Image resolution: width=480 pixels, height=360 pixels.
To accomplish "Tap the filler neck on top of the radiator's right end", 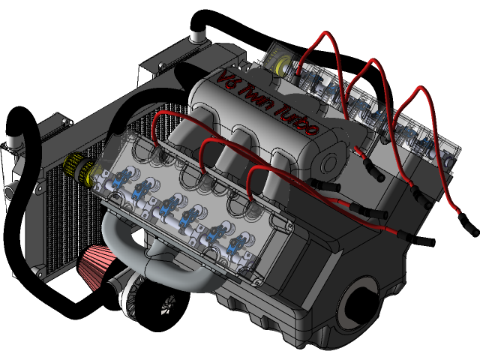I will (199, 34).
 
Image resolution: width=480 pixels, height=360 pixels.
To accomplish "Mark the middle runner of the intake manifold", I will (244, 139).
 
